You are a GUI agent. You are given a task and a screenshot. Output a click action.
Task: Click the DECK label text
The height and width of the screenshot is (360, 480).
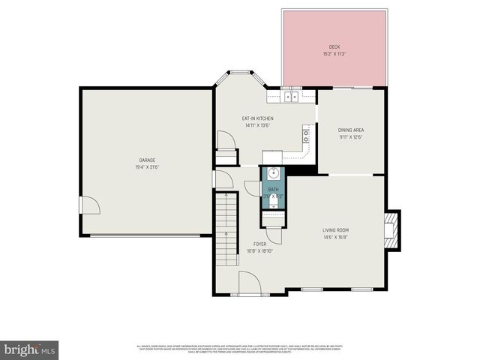coord(334,46)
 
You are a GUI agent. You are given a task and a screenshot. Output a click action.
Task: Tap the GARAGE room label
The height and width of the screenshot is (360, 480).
coord(146,160)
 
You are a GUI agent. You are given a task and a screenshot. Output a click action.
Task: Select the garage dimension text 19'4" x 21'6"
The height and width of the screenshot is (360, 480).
coord(146,166)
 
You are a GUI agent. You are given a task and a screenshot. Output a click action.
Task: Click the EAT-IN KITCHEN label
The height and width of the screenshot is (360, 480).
coord(257,118)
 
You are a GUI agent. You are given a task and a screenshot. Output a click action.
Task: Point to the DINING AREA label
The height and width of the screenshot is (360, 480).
coord(351,130)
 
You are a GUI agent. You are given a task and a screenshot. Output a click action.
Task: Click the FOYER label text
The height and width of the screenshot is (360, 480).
coord(259,244)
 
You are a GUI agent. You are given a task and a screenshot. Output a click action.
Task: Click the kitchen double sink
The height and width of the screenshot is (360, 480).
coord(290,96)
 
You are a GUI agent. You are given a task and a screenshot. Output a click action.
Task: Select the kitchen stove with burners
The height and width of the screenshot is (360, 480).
coord(306,136)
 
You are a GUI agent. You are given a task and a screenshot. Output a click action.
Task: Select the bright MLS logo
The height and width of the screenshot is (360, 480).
coord(30,350)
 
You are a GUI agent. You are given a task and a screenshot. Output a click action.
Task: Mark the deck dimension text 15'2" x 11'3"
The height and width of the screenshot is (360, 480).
coord(334,54)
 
